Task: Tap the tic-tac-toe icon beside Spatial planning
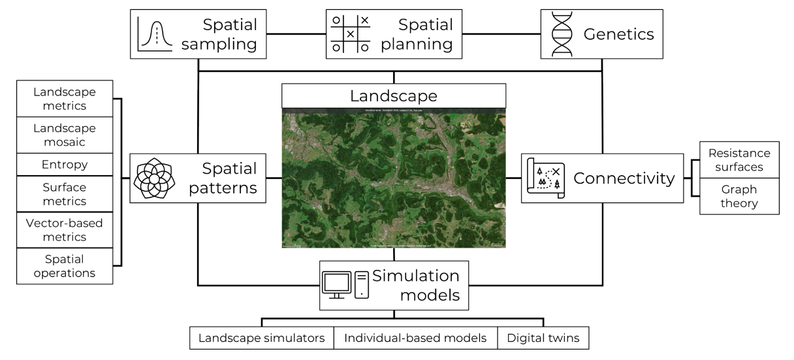click(350, 33)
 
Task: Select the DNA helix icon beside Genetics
click(562, 34)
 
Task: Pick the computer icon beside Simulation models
click(345, 285)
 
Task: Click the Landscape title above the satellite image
click(394, 96)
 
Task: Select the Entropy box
click(65, 164)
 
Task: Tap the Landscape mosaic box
click(65, 135)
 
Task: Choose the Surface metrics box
click(65, 193)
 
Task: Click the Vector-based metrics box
click(65, 230)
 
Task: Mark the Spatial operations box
click(65, 266)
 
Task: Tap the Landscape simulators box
click(262, 338)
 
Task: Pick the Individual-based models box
click(415, 338)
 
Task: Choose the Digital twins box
click(543, 338)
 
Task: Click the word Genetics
click(619, 34)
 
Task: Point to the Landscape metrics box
click(65, 99)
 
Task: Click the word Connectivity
click(624, 178)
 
